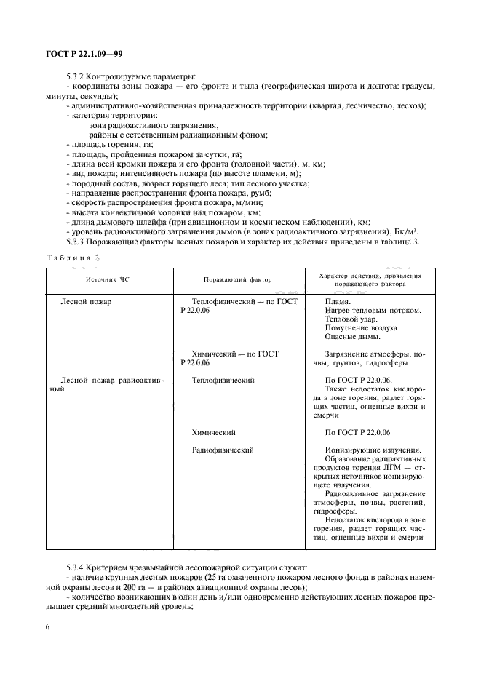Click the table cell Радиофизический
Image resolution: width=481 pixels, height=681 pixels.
pos(223,450)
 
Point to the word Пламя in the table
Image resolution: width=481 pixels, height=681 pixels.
pos(338,301)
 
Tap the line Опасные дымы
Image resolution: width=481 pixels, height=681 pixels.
pos(352,336)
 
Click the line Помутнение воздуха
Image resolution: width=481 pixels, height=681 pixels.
pos(360,327)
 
